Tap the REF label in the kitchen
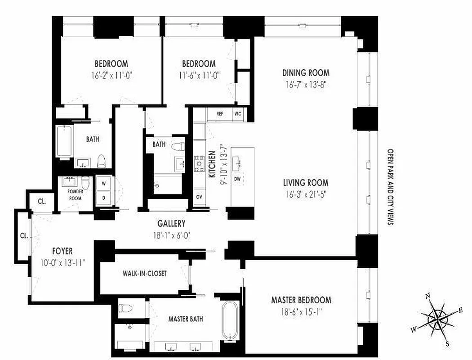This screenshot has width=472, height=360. click(x=220, y=114)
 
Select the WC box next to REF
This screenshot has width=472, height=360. click(x=238, y=114)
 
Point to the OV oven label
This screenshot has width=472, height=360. click(x=199, y=197)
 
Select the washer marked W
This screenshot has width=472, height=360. click(x=103, y=184)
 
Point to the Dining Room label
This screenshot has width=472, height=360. click(x=306, y=72)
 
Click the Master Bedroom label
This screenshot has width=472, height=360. click(x=301, y=300)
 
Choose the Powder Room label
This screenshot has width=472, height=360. click(x=75, y=194)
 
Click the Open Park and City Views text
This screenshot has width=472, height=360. click(x=390, y=187)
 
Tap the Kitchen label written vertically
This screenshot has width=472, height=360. click(x=212, y=164)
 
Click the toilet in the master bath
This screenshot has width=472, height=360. click(x=126, y=309)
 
